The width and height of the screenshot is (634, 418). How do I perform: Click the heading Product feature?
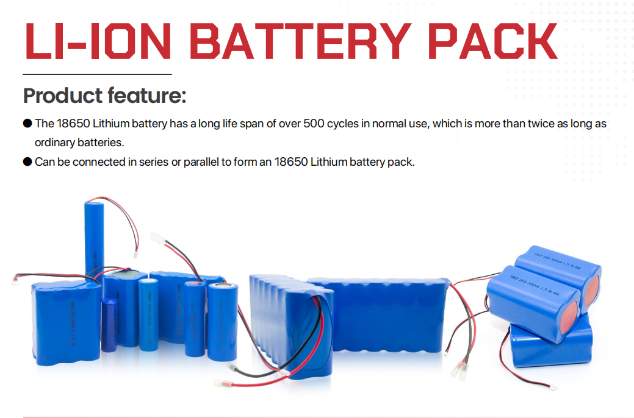104,96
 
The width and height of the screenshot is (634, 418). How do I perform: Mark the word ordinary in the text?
54,143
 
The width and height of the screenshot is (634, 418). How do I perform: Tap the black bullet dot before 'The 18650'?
27,124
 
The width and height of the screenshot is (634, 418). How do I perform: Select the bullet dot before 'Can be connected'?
27,162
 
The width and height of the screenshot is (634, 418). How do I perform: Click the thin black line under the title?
98,74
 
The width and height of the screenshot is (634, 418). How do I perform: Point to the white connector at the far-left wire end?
15,281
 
